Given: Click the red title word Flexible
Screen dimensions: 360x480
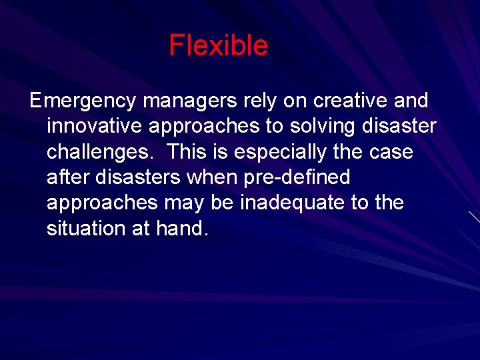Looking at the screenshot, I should click(x=218, y=46).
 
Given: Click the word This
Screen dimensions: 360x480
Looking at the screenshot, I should click(x=188, y=152).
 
